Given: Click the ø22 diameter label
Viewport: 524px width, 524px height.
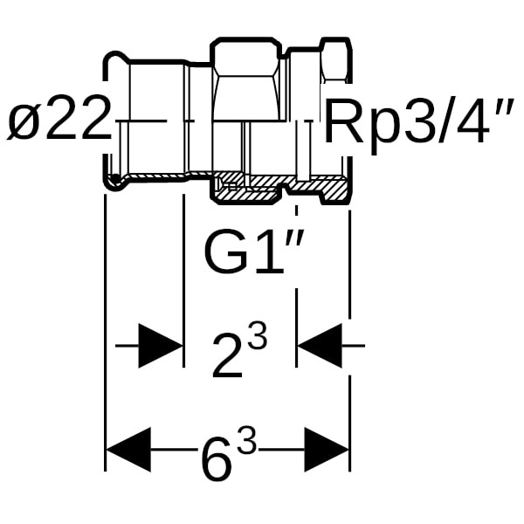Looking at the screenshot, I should pos(59,122).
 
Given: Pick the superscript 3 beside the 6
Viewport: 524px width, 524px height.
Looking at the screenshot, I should pos(247,444).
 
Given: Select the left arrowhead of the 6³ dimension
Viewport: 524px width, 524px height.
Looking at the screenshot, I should pos(128,450).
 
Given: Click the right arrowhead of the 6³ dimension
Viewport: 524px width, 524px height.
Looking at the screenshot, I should pos(327,450).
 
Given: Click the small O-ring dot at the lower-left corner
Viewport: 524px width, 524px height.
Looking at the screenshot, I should pos(114,181).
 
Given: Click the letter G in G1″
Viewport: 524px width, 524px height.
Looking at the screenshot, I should pos(224,252).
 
